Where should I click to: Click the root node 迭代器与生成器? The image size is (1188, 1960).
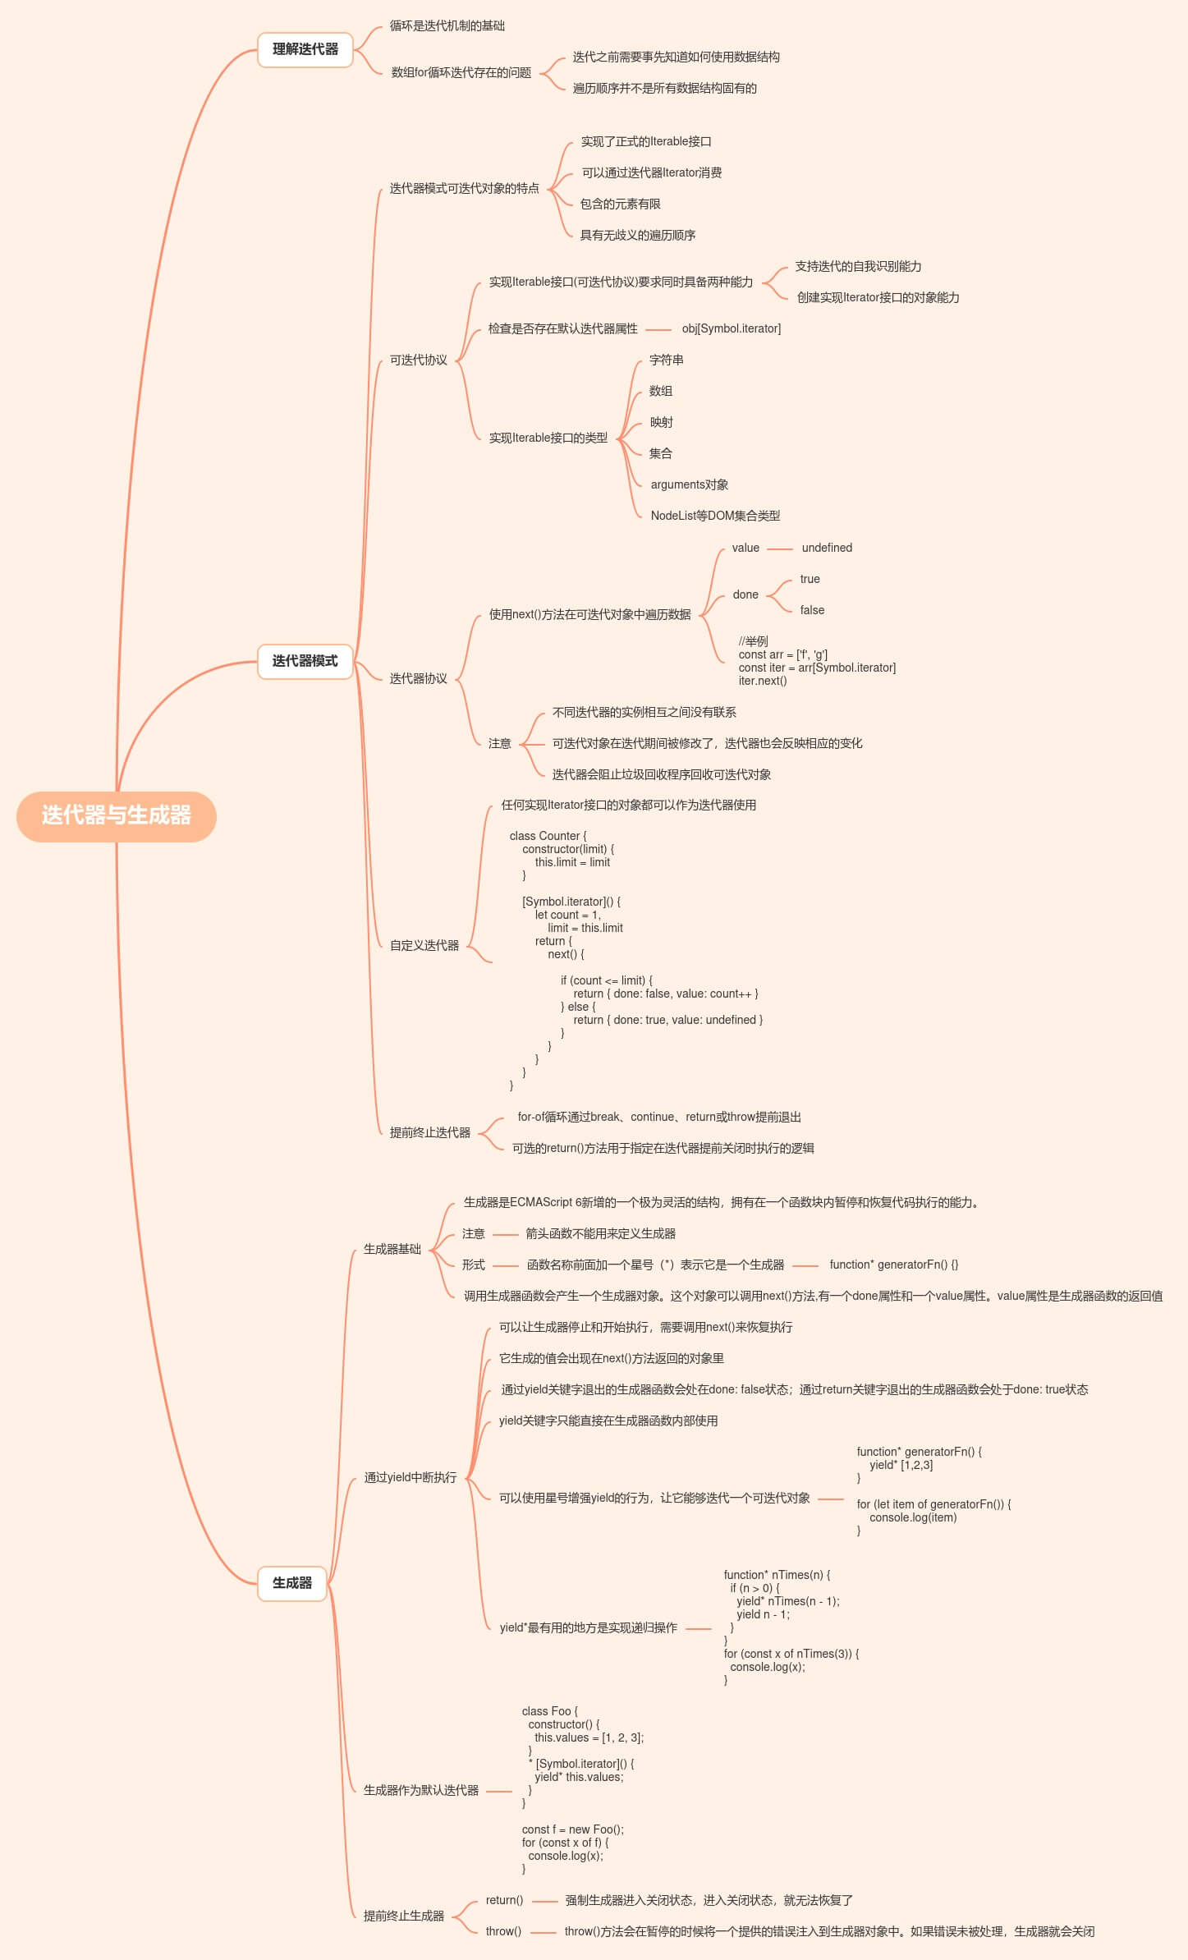click(117, 815)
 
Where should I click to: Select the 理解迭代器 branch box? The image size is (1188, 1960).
click(305, 49)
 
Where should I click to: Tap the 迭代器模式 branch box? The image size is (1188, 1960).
click(305, 661)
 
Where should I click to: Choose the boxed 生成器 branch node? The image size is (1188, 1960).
click(292, 1583)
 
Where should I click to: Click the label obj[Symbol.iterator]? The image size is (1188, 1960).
click(731, 328)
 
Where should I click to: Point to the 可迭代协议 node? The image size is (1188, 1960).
click(418, 360)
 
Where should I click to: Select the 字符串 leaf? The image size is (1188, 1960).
click(666, 360)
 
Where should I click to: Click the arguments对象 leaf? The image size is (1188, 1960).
click(689, 484)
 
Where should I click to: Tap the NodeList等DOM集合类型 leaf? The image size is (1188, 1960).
click(715, 516)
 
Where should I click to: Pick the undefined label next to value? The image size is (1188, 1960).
click(827, 548)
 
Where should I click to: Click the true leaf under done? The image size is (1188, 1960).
click(810, 579)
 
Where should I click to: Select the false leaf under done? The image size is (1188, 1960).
click(812, 610)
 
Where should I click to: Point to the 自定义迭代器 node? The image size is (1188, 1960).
click(424, 945)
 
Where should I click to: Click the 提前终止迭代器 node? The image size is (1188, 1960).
click(429, 1132)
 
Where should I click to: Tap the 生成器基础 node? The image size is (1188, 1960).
click(392, 1249)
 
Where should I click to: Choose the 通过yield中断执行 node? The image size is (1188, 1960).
click(410, 1477)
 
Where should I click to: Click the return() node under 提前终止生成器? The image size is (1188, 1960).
click(504, 1900)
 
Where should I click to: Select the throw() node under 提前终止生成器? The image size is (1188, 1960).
click(503, 1931)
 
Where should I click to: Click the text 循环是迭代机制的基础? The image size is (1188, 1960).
click(447, 25)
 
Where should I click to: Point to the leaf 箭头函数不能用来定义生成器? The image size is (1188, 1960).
click(600, 1233)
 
